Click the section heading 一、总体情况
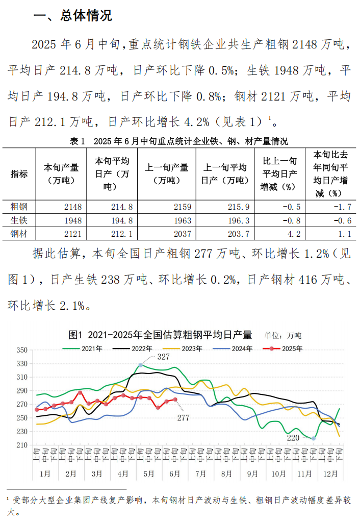pyautogui.click(x=72, y=16)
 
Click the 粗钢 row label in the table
pyautogui.click(x=19, y=207)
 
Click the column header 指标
pyautogui.click(x=19, y=173)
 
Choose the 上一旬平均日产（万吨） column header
pyautogui.click(x=225, y=173)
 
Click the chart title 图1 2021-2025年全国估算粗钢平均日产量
pyautogui.click(x=160, y=335)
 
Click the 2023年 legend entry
pyautogui.click(x=192, y=349)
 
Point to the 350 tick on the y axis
pyautogui.click(x=21, y=350)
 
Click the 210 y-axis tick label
pyautogui.click(x=21, y=445)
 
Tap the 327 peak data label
pyautogui.click(x=163, y=357)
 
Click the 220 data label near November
pyautogui.click(x=293, y=437)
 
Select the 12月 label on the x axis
pyautogui.click(x=330, y=474)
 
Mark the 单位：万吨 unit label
pyautogui.click(x=282, y=336)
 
